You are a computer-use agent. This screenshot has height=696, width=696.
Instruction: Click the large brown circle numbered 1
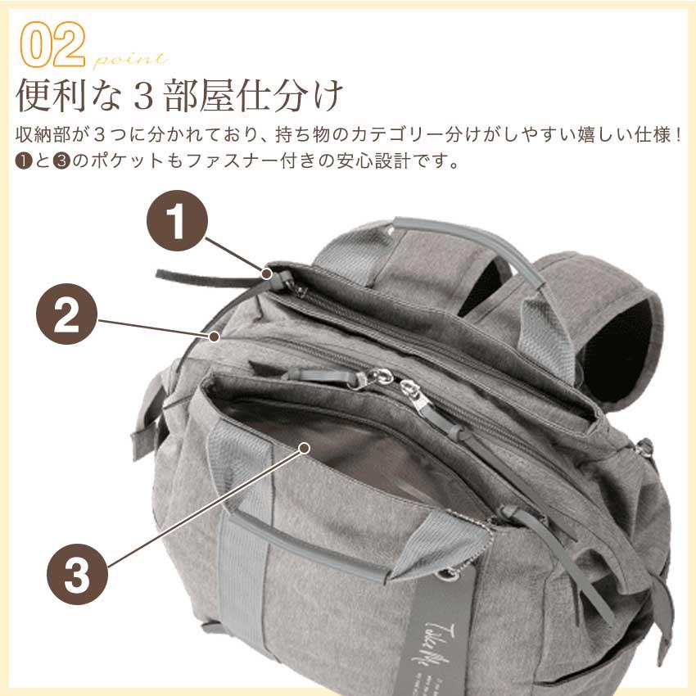[178, 220]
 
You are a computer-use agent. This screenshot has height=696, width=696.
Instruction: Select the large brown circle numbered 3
[76, 575]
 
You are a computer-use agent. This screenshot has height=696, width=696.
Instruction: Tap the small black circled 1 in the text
[22, 159]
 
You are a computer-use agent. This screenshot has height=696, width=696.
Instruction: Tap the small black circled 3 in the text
[59, 159]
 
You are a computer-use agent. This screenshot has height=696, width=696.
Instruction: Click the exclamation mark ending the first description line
[677, 133]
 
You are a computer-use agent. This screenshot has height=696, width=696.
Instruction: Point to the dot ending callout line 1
[268, 272]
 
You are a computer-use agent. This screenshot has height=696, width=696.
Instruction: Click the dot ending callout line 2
[215, 336]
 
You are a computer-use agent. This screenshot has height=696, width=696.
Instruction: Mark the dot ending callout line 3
[305, 448]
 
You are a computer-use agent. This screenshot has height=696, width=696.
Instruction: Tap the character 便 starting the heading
[32, 96]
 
